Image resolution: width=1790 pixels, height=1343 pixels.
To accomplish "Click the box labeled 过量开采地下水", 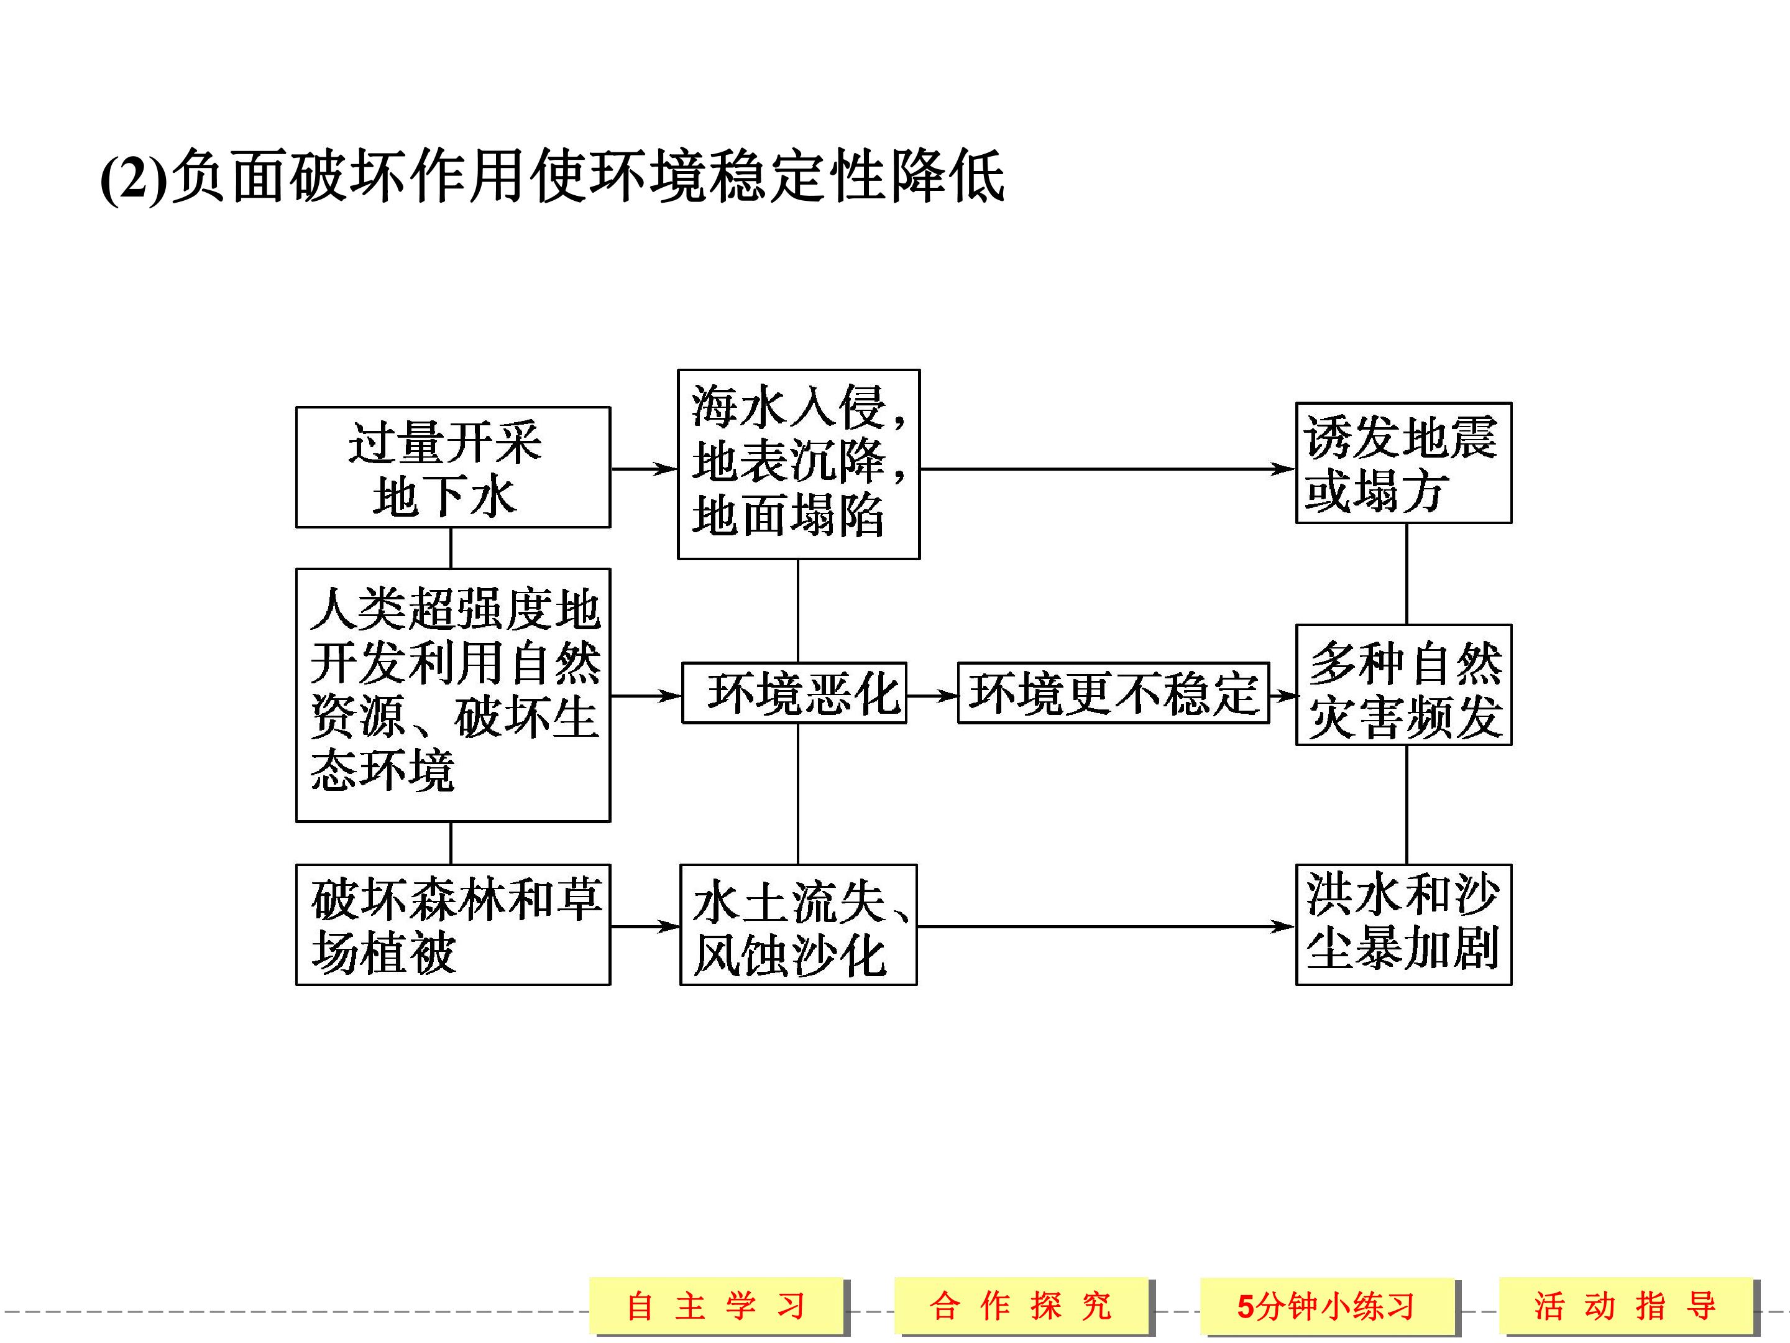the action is [453, 467].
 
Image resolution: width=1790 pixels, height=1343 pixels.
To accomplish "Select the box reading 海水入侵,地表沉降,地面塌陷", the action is [799, 464].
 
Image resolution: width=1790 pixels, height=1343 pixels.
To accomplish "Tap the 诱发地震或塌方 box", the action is [1403, 462].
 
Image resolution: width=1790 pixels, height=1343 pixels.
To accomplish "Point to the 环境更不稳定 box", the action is [1114, 693].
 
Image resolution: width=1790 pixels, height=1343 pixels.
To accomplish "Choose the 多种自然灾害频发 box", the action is [1403, 685].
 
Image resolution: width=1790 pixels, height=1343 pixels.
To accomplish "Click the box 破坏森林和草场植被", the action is [453, 925].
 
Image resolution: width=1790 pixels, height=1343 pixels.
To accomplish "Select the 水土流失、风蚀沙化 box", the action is [799, 925].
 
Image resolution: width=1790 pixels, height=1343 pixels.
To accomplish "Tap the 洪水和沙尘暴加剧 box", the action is [1403, 925].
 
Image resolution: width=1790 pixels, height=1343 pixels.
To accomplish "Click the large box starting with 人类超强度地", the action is [453, 695].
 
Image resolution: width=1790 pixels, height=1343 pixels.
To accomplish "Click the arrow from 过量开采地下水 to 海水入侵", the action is [644, 469].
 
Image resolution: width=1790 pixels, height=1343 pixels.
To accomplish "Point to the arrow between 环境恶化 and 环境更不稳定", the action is [932, 695].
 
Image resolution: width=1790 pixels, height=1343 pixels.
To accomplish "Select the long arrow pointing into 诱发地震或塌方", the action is [1108, 469].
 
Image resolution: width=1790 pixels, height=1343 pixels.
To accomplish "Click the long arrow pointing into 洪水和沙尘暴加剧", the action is [1106, 927].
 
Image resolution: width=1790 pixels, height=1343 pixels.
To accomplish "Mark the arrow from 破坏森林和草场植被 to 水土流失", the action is [646, 927].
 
